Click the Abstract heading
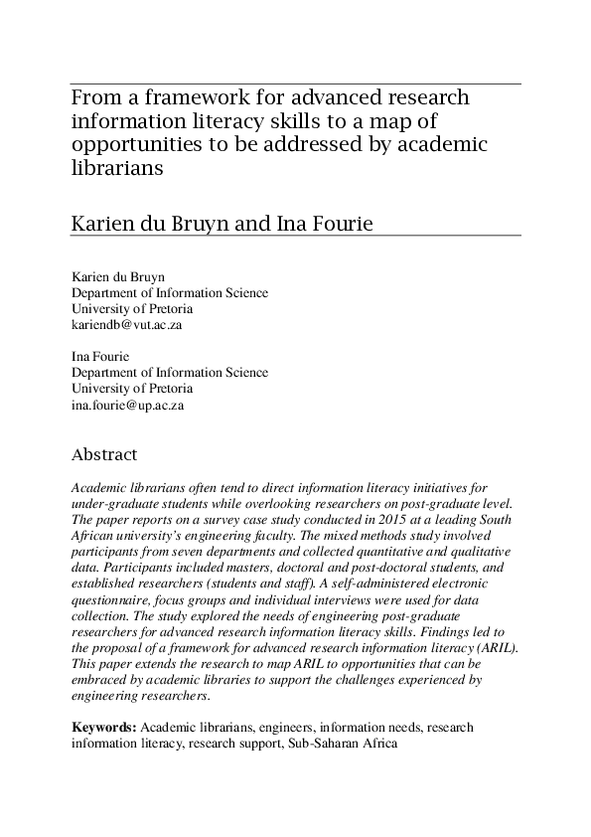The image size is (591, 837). (x=104, y=454)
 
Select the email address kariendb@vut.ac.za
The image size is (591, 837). (x=126, y=324)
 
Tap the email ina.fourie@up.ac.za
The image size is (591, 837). (x=128, y=406)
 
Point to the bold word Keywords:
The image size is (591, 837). (x=105, y=727)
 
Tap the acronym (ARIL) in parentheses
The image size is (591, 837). (x=490, y=647)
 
